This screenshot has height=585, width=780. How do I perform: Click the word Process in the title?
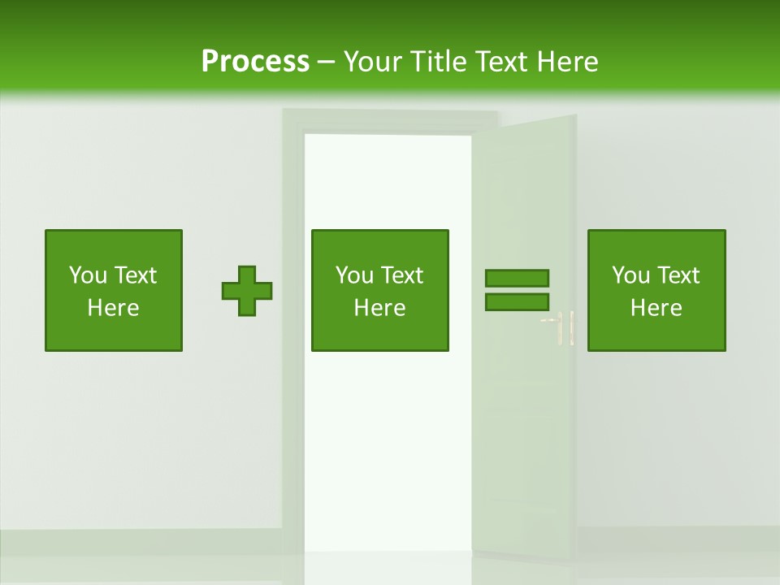(x=255, y=62)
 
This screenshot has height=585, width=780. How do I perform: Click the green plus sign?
(x=247, y=291)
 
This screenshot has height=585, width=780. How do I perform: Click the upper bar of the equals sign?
(x=517, y=279)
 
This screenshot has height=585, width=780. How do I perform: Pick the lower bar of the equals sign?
(x=517, y=302)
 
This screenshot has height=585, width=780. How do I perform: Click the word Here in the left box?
(x=113, y=308)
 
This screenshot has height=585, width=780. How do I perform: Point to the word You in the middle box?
(x=354, y=275)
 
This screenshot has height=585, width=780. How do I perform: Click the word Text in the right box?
(x=678, y=275)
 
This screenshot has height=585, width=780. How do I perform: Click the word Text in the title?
(x=502, y=62)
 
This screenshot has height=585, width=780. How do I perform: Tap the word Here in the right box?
(x=656, y=308)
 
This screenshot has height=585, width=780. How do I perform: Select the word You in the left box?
(x=88, y=275)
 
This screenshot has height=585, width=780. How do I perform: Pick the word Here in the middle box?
(x=379, y=308)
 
